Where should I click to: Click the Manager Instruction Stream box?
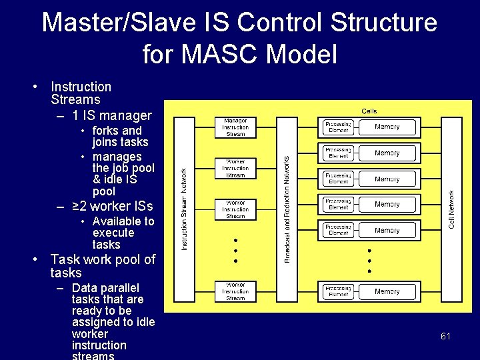tap(235, 127)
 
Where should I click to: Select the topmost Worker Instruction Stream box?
tap(235, 169)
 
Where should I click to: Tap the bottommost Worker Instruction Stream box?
tap(235, 291)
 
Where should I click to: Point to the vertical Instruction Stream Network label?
tap(185, 209)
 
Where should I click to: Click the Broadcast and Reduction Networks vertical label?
tap(287, 209)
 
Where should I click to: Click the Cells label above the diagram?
tap(369, 111)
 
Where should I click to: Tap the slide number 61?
tap(445, 336)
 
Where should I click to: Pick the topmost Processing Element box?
tap(339, 127)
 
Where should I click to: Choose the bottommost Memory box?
tap(387, 291)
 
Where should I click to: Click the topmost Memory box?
tap(387, 127)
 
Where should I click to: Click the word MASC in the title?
tap(219, 54)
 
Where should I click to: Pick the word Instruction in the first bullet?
tap(81, 87)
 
